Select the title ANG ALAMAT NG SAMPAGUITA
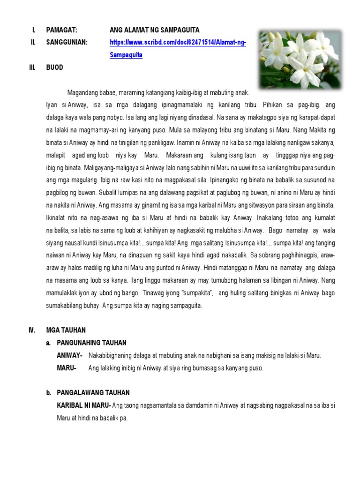tap(154, 30)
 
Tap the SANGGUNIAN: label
tap(67, 43)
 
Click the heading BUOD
tap(54, 67)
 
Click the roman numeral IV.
tap(32, 330)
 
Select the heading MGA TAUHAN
tap(66, 330)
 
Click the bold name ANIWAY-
tap(70, 356)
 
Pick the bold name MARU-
tap(67, 368)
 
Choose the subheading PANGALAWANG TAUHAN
tap(93, 393)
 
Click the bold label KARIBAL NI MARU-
tap(83, 405)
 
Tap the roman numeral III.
tap(32, 67)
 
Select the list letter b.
tap(48, 393)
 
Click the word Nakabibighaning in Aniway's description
tap(111, 356)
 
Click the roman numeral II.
tap(32, 43)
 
